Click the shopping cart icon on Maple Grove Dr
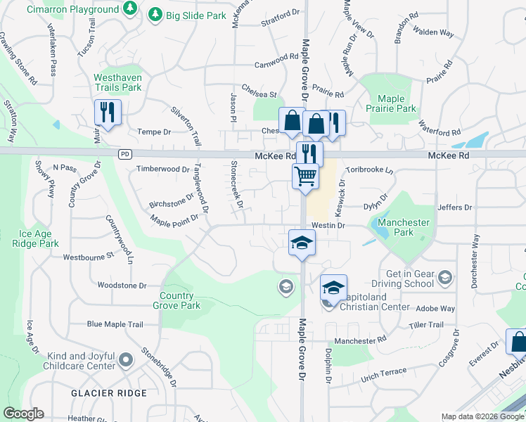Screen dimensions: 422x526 click(x=304, y=175)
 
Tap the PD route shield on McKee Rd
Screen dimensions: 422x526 click(x=124, y=154)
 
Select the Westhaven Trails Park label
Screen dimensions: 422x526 click(x=117, y=82)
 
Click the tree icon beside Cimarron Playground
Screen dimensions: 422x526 click(x=129, y=8)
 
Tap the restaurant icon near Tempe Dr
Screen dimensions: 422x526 click(x=108, y=112)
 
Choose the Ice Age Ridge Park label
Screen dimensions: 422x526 click(x=39, y=238)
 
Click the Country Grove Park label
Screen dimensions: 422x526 click(x=180, y=300)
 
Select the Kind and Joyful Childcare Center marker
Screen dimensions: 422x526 click(x=126, y=361)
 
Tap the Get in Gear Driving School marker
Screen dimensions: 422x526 click(x=444, y=278)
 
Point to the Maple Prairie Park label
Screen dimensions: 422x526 click(x=396, y=103)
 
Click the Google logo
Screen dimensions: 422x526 click(x=23, y=414)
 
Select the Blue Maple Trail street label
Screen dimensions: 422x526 click(x=115, y=324)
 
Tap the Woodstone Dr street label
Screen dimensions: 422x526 click(x=122, y=286)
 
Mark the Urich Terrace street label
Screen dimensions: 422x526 click(x=384, y=371)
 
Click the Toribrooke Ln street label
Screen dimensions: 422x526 click(x=369, y=171)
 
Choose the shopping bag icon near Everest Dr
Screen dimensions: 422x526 click(x=518, y=343)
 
